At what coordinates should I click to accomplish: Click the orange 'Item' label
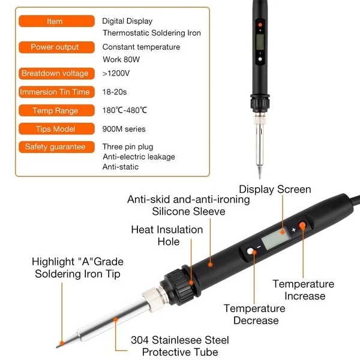tap(55, 22)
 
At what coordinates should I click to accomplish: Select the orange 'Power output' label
tap(55, 47)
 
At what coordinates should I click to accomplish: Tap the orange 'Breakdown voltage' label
tap(55, 73)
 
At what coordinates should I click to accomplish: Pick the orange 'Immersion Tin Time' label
tap(55, 92)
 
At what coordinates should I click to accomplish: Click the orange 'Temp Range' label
tap(55, 110)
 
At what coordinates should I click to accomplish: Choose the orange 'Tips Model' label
tap(55, 128)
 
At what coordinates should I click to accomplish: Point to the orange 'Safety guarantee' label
tap(55, 147)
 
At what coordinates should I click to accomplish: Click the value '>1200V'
tap(116, 73)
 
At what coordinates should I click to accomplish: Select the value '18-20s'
tap(115, 92)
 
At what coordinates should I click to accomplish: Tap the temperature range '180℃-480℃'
tap(125, 110)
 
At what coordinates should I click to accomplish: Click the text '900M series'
tap(124, 128)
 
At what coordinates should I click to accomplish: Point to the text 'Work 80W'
tap(120, 59)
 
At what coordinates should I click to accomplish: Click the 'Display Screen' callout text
tap(275, 190)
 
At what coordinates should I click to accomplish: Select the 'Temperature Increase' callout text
tap(303, 290)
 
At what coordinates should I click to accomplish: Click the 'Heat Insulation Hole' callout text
tap(167, 236)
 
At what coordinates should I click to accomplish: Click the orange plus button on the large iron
tap(302, 226)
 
